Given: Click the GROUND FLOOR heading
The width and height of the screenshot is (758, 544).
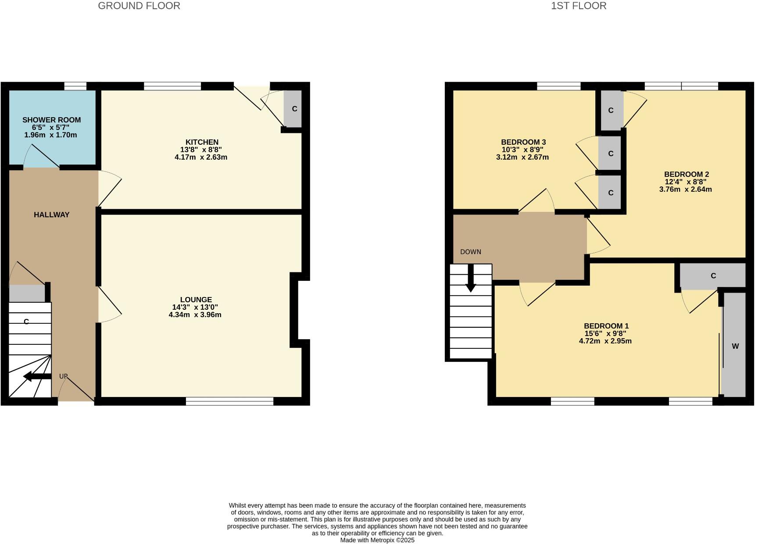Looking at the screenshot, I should (x=139, y=6).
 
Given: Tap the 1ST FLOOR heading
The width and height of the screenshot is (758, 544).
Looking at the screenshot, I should (x=579, y=6).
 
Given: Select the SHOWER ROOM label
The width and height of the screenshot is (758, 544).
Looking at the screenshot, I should (x=51, y=120).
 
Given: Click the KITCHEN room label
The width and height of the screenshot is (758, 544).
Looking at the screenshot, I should (x=202, y=142).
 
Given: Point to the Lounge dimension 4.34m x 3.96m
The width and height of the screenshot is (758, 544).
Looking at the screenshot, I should (x=195, y=315).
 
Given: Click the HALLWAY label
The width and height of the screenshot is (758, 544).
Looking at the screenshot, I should (x=52, y=215).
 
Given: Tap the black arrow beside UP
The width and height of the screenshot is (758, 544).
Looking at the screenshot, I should (x=37, y=376).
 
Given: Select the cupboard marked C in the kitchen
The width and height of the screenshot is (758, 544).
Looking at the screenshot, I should (x=294, y=109).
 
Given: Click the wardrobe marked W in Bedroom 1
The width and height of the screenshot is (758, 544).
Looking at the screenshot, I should (x=735, y=346).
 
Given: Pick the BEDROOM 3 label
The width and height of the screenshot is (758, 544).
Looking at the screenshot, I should (x=523, y=142).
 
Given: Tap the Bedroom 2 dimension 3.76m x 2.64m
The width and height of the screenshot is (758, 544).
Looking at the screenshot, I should (x=685, y=190).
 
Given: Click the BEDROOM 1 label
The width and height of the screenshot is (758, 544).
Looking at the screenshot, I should (x=606, y=326).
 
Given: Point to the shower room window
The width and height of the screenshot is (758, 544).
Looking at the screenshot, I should (x=75, y=86).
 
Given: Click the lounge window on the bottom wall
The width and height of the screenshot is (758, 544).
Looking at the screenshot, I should (x=229, y=401).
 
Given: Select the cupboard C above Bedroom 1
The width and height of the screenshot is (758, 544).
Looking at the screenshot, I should (x=713, y=276).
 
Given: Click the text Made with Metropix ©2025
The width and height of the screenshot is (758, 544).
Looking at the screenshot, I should (x=377, y=540).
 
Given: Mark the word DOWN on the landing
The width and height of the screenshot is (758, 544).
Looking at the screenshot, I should (x=471, y=252).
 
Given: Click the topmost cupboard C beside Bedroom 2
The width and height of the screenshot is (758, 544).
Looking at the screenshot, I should (x=611, y=111).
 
